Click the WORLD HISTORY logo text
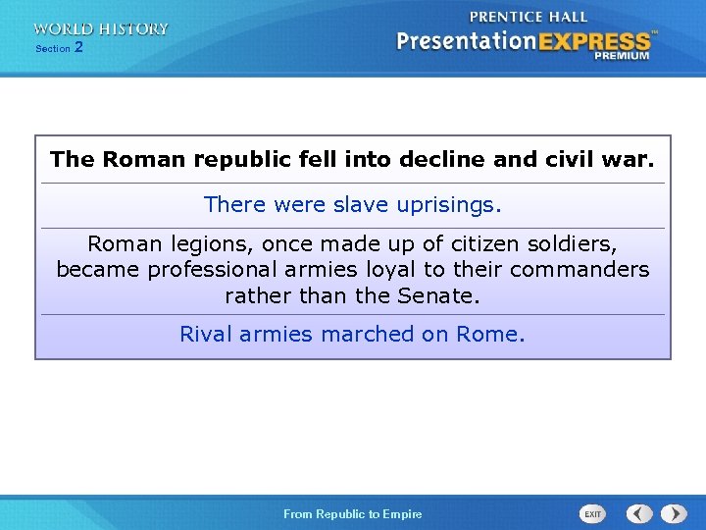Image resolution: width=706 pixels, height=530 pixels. (x=100, y=29)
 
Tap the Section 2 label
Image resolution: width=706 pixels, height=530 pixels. (x=59, y=47)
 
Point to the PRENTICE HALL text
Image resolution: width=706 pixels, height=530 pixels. (x=529, y=18)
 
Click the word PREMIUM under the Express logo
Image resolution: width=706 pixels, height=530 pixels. (x=621, y=56)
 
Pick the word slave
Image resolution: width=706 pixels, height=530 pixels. (x=361, y=205)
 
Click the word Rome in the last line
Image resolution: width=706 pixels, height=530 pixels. (x=490, y=334)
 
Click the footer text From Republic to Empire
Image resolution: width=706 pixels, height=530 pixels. (x=353, y=514)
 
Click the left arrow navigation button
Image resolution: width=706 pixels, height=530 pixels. (x=639, y=513)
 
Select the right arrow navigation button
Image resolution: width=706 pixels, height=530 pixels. (x=674, y=513)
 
